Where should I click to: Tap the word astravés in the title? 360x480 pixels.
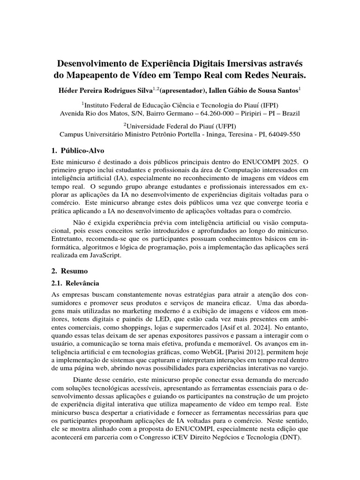[282, 62]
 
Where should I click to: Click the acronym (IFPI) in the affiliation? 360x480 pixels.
[270, 105]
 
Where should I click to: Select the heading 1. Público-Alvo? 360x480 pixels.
[77, 150]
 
